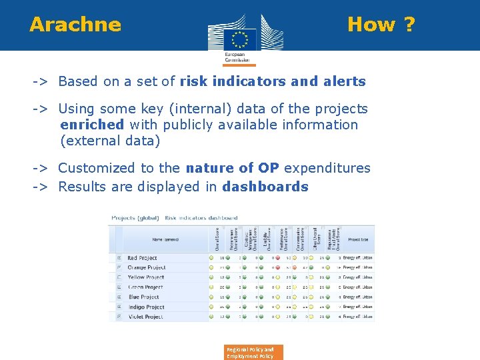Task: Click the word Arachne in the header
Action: point(75,25)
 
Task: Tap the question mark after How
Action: point(408,25)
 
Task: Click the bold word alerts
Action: point(344,81)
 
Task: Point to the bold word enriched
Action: point(92,125)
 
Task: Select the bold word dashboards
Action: point(265,187)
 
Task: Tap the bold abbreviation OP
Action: point(269,168)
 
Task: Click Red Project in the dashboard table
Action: point(142,258)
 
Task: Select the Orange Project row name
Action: point(146,267)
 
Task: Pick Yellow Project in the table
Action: point(145,277)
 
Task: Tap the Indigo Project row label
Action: point(145,307)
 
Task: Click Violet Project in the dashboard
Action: point(145,317)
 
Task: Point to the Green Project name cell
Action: point(145,287)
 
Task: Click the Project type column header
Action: point(359,239)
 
